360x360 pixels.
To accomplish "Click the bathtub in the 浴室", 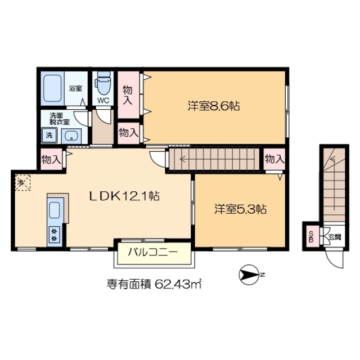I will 53,87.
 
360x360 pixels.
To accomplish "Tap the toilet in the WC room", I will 103,85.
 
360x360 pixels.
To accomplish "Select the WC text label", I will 103,101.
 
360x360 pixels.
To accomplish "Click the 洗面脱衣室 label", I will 59,119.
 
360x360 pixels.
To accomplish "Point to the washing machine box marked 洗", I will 49,135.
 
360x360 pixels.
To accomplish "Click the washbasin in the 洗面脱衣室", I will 71,136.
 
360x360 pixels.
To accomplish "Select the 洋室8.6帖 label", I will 214,106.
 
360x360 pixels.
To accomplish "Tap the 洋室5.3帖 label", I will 240,209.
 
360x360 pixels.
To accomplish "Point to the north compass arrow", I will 249,275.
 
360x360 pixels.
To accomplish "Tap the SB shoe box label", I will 310,237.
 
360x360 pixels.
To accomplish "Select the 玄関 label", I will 334,237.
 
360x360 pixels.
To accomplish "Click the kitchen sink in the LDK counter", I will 56,210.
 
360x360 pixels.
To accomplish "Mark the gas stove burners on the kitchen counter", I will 55,235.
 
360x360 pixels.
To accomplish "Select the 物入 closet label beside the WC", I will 128,94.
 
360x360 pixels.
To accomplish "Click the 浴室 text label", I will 75,89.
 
